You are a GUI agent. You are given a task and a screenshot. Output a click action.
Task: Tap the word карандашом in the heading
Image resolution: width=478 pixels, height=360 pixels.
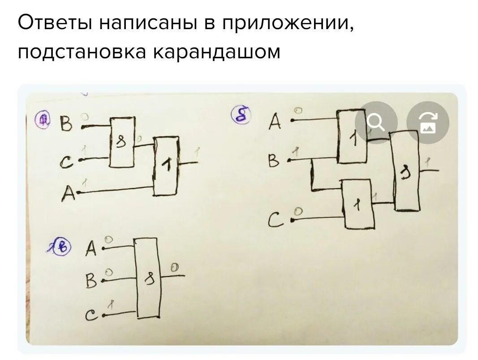(217, 52)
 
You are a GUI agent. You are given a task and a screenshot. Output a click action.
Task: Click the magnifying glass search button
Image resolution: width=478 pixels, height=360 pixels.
(376, 122)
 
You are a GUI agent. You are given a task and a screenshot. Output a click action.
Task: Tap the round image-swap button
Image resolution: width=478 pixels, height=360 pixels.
(427, 122)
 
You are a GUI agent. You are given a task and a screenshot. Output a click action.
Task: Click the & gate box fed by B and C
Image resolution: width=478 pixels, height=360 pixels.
(122, 143)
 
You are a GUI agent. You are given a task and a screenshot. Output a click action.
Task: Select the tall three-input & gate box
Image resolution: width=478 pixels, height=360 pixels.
(147, 278)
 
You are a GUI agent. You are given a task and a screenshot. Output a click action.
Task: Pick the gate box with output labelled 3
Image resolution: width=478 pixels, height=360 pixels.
(407, 171)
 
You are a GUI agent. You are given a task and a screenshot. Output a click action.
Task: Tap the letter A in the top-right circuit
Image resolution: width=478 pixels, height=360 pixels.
(276, 121)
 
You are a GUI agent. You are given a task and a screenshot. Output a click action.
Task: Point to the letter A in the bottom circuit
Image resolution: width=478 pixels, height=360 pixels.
(91, 248)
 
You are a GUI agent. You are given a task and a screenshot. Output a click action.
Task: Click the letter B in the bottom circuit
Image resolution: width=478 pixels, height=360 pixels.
(91, 282)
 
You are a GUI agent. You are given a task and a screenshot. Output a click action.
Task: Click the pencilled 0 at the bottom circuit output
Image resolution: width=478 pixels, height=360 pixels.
(175, 268)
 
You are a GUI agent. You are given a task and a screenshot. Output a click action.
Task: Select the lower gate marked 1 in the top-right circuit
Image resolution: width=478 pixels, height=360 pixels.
(358, 204)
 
